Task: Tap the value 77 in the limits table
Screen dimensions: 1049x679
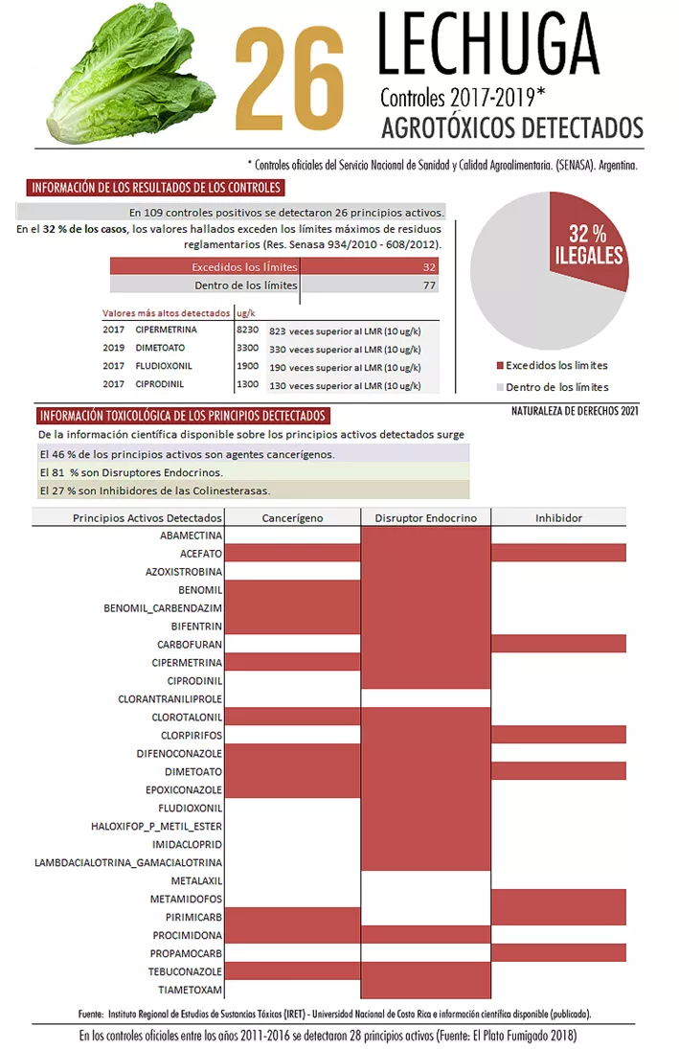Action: click(429, 285)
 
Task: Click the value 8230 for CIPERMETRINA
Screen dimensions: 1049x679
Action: click(247, 330)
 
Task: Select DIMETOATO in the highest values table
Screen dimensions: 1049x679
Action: click(160, 348)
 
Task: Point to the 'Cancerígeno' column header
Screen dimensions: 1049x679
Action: click(292, 517)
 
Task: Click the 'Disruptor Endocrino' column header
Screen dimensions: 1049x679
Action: click(425, 517)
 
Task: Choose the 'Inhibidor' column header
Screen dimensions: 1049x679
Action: click(558, 517)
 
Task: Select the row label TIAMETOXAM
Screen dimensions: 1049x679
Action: click(191, 990)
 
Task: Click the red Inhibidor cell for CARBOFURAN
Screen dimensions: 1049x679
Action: click(558, 644)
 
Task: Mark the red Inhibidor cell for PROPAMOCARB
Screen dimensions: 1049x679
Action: click(558, 953)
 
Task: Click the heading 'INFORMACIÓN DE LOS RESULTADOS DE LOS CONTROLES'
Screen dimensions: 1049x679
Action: click(154, 188)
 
